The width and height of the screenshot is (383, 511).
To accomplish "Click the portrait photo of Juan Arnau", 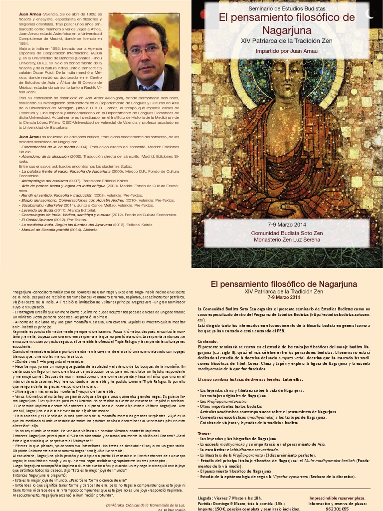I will (144, 51).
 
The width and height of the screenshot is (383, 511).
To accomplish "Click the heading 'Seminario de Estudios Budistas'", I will (287, 9).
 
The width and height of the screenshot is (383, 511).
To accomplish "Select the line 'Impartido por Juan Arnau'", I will (287, 51).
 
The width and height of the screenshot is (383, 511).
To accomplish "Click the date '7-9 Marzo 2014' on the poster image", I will (287, 225).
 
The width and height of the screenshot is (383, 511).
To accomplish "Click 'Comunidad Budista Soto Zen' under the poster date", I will (287, 233).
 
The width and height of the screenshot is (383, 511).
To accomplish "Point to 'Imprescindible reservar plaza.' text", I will (337, 498).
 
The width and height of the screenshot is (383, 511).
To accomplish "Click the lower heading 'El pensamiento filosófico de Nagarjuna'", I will (284, 284).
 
